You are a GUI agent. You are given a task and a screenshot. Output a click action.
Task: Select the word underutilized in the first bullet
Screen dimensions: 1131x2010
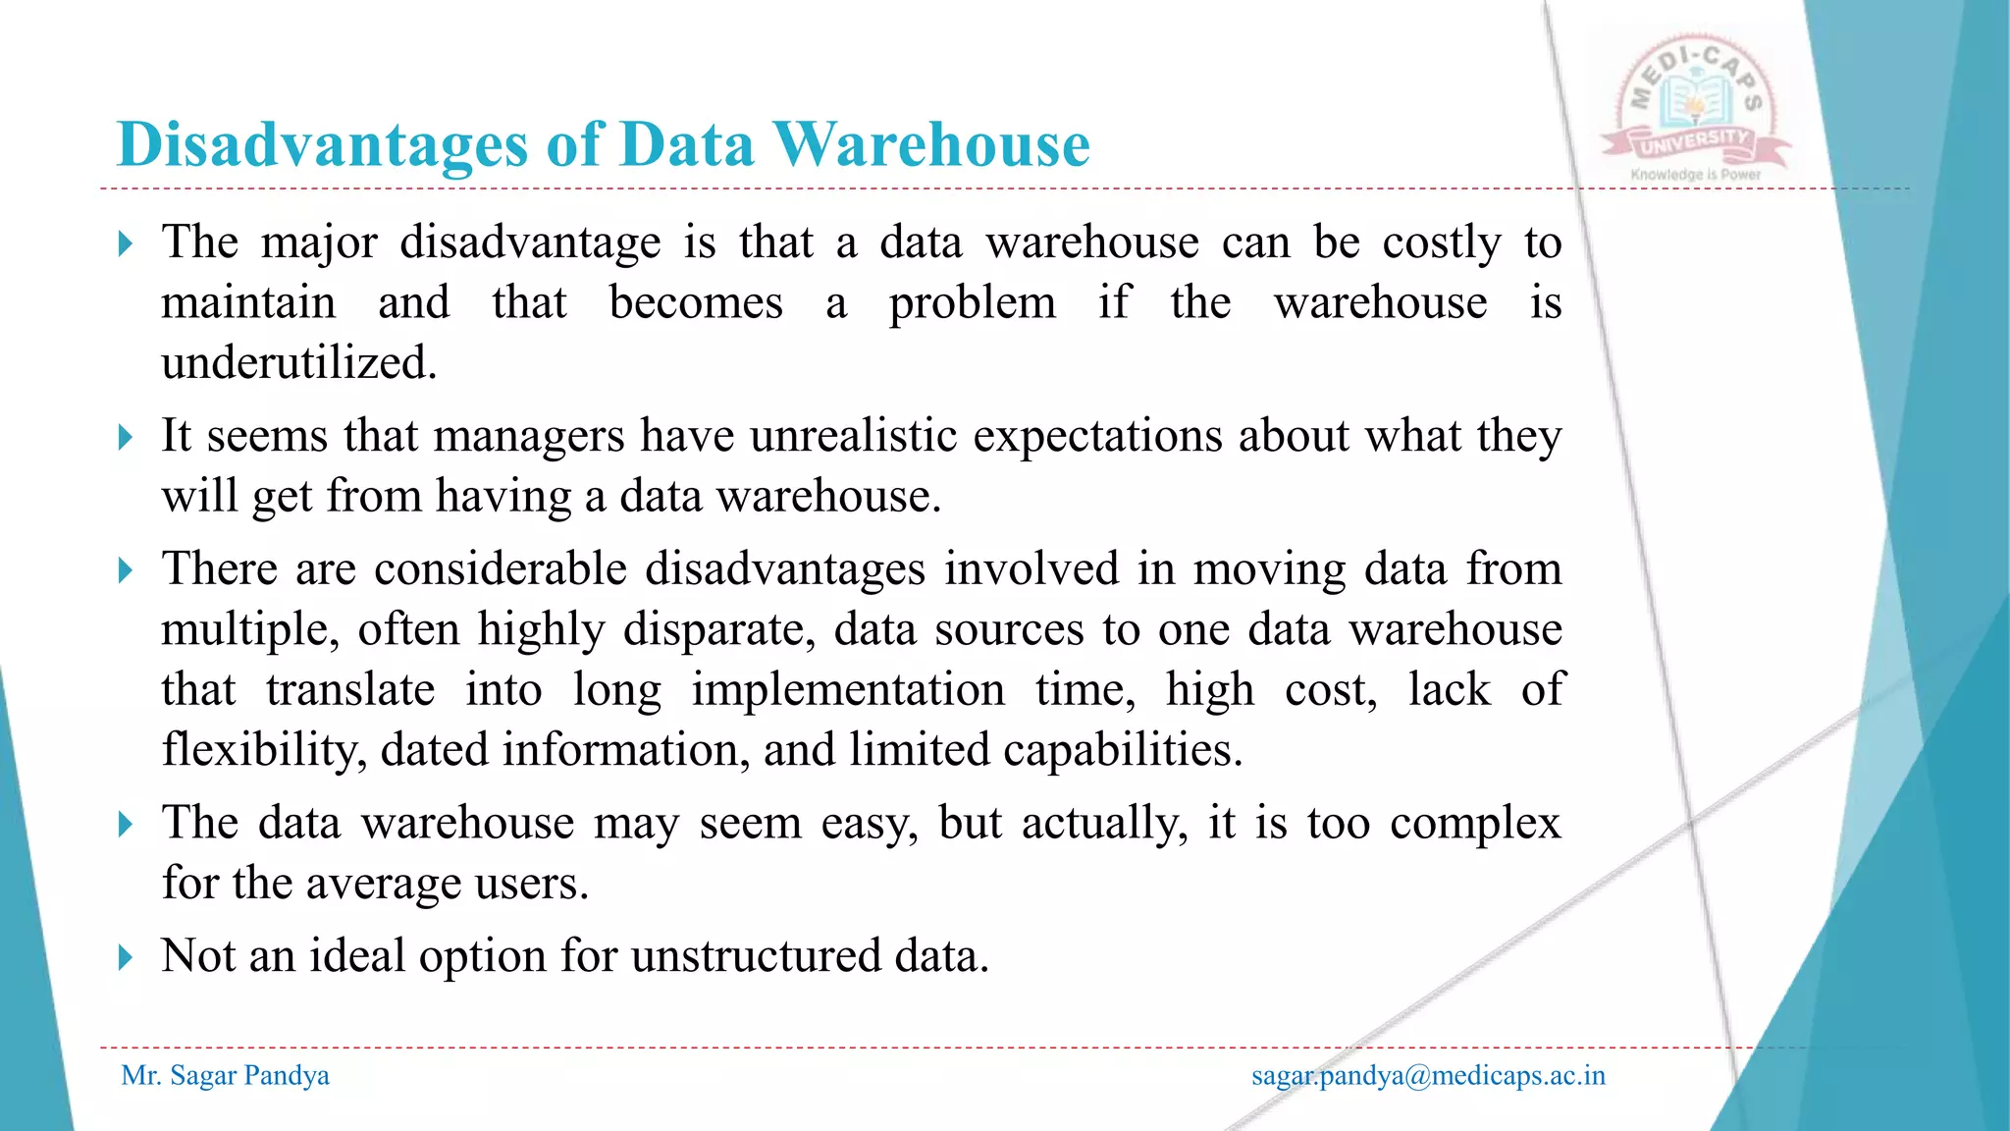click(x=298, y=363)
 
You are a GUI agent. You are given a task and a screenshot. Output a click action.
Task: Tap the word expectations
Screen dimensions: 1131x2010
click(x=1097, y=436)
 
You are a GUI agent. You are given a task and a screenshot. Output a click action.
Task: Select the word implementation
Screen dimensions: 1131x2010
click(x=848, y=690)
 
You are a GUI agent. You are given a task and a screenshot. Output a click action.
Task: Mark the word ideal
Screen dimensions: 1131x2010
click(x=357, y=956)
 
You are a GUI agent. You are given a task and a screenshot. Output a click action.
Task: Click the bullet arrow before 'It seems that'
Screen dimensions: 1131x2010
click(x=125, y=437)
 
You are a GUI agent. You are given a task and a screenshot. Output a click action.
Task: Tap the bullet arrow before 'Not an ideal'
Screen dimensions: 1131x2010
click(x=125, y=957)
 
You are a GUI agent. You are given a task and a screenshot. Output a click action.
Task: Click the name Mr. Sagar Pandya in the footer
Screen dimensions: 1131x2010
click(x=225, y=1076)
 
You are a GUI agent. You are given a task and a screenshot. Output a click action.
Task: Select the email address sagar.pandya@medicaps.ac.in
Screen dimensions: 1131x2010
click(x=1428, y=1076)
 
